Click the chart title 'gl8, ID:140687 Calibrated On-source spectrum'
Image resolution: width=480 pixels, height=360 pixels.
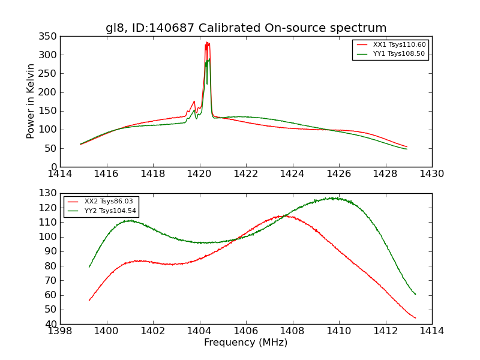246,28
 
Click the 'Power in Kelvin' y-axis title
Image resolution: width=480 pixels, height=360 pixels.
31,101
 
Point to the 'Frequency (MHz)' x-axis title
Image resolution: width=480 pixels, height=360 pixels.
246,343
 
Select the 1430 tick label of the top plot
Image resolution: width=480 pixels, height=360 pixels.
431,174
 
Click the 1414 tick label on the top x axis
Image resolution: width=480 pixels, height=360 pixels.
60,174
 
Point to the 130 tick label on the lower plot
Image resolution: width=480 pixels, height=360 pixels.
49,193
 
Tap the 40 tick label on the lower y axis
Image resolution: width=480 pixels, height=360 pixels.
51,324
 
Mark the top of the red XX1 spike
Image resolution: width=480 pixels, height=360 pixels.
207,43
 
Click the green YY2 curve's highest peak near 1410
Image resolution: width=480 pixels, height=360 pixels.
335,198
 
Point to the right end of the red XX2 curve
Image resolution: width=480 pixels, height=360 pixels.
415,318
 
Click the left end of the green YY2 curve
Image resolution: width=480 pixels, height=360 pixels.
89,267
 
